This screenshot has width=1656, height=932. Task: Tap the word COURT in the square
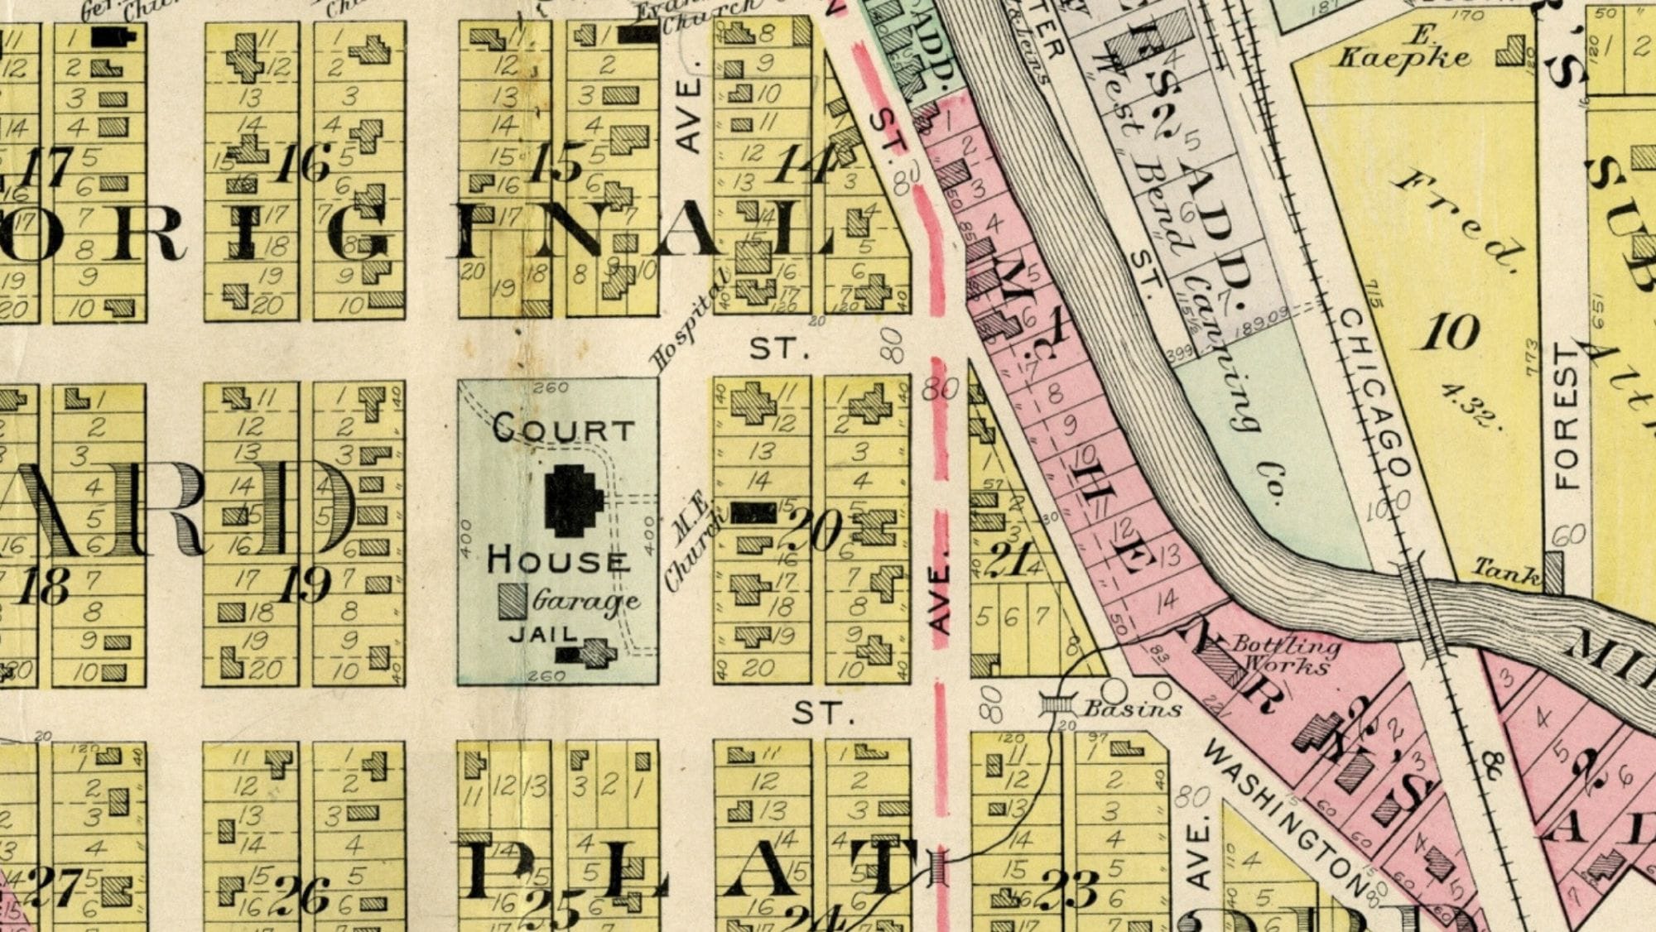pyautogui.click(x=563, y=429)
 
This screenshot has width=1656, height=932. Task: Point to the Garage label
pyautogui.click(x=585, y=601)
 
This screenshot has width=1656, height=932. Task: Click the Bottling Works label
pyautogui.click(x=1285, y=654)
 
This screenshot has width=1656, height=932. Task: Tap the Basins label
pyautogui.click(x=1132, y=709)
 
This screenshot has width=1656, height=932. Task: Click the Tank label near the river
pyautogui.click(x=1506, y=569)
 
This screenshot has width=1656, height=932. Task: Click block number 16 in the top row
pyautogui.click(x=305, y=162)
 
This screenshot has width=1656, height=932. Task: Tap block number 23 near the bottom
pyautogui.click(x=1070, y=890)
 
